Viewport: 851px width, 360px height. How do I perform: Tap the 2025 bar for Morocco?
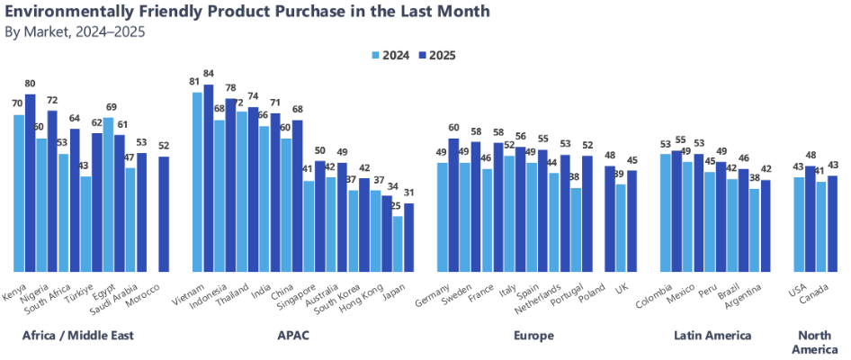pos(164,214)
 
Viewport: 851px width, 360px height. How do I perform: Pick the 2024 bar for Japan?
pos(398,244)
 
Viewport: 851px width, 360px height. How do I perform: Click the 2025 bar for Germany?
pos(453,204)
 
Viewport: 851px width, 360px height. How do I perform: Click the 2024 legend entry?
pos(391,55)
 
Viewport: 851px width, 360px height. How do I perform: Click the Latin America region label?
pos(712,336)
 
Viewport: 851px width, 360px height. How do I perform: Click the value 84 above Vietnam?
pos(209,74)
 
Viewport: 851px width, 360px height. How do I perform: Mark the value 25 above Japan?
pos(396,206)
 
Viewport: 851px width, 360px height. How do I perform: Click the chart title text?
pos(247,12)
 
